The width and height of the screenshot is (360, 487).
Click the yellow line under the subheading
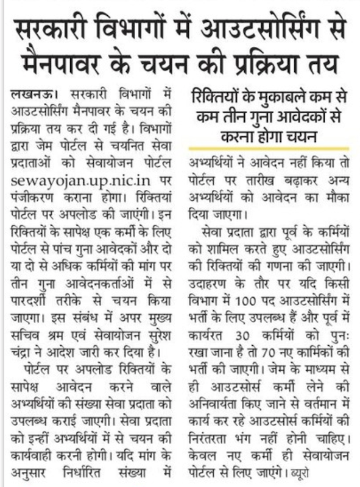click(x=269, y=149)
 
